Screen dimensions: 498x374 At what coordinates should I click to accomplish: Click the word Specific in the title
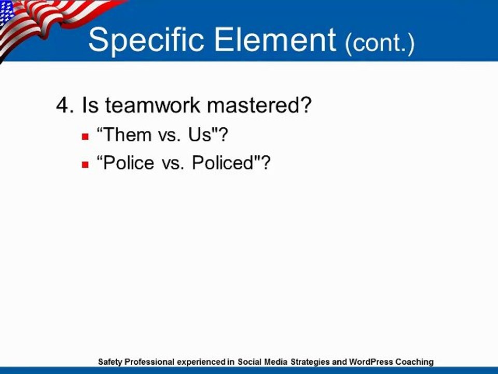tap(146, 41)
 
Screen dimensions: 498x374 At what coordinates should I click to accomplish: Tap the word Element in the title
tap(275, 39)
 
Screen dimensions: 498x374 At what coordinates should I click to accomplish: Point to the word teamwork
tap(153, 105)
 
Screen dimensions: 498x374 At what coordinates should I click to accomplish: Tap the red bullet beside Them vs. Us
tap(85, 137)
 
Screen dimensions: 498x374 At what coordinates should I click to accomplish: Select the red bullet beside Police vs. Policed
tap(85, 165)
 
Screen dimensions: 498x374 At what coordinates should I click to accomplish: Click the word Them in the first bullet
tap(128, 135)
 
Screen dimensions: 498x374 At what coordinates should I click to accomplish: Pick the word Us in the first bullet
tap(200, 135)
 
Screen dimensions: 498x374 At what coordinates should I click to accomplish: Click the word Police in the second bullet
tap(129, 163)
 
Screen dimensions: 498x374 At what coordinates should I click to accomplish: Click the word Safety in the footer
tap(110, 362)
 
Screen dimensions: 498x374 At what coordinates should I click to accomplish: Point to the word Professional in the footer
tap(149, 362)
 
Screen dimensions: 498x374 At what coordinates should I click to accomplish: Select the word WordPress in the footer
tap(371, 362)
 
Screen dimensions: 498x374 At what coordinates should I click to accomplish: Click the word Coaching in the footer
tap(414, 362)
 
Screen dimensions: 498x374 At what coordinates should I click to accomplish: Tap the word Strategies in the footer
tap(310, 362)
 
